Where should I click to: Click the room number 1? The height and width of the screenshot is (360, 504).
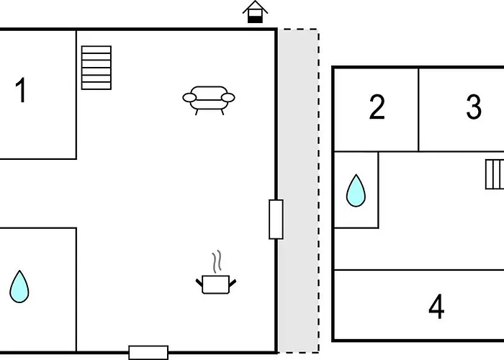(21, 90)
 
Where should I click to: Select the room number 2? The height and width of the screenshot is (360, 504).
(377, 107)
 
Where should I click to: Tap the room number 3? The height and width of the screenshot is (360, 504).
(474, 107)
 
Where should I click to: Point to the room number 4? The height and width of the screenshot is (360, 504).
(436, 306)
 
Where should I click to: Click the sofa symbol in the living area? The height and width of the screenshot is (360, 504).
(209, 100)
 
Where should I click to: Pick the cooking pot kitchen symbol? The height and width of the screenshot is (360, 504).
(216, 284)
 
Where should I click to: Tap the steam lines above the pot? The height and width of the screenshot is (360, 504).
(217, 261)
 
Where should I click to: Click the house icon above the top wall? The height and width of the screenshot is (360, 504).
(255, 12)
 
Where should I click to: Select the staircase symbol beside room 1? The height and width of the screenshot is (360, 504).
(96, 68)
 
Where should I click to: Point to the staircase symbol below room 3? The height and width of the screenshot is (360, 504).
(495, 174)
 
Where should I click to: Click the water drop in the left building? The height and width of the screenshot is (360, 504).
(19, 287)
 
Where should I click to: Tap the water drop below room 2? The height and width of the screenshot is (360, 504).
(356, 190)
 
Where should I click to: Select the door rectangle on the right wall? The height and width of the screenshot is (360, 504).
(276, 219)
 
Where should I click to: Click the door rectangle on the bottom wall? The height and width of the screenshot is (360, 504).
(148, 353)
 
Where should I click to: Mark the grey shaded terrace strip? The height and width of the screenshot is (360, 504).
(298, 191)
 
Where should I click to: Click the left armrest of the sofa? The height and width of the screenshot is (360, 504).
(189, 97)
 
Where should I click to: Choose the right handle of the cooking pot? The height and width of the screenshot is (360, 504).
(233, 283)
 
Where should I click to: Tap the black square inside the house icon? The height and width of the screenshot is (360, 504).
(255, 19)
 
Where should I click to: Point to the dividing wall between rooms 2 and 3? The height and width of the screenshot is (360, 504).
(418, 109)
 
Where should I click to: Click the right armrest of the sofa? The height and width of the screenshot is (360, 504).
(228, 97)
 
